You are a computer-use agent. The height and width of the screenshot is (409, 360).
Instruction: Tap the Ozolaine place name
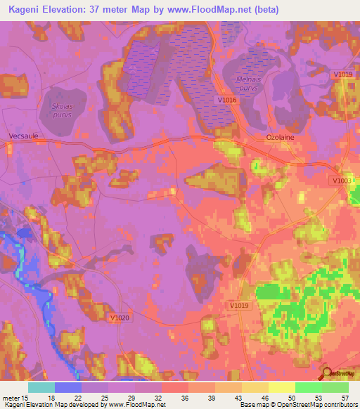tap(280, 138)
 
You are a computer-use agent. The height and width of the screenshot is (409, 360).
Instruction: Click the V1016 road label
tap(226, 100)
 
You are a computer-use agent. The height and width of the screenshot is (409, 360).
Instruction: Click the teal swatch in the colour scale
tap(41, 387)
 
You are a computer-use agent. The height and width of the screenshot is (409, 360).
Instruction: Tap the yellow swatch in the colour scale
tap(281, 387)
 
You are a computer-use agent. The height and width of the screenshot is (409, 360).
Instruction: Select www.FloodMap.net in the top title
tap(218, 10)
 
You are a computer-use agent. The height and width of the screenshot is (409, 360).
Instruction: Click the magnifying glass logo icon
tap(326, 373)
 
